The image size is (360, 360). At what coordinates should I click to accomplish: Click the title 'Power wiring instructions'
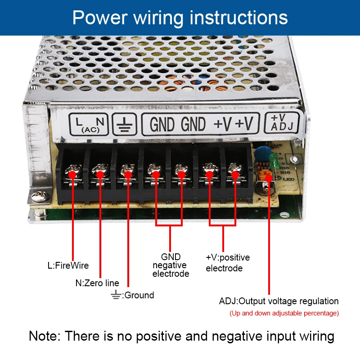click(x=180, y=18)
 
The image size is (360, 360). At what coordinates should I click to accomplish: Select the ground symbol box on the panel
click(x=124, y=124)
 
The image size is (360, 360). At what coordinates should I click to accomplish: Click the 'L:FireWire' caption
click(x=68, y=265)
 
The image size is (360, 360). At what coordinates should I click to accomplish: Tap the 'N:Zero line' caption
click(x=97, y=283)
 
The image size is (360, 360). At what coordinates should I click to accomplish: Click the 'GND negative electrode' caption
click(x=171, y=265)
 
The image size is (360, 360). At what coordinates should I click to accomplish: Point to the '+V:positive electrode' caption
click(x=227, y=263)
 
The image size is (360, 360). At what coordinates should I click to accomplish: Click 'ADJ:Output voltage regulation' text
click(x=279, y=301)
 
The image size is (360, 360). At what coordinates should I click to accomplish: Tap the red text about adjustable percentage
click(x=284, y=313)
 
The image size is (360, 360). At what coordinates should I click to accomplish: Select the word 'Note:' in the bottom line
click(x=45, y=336)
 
